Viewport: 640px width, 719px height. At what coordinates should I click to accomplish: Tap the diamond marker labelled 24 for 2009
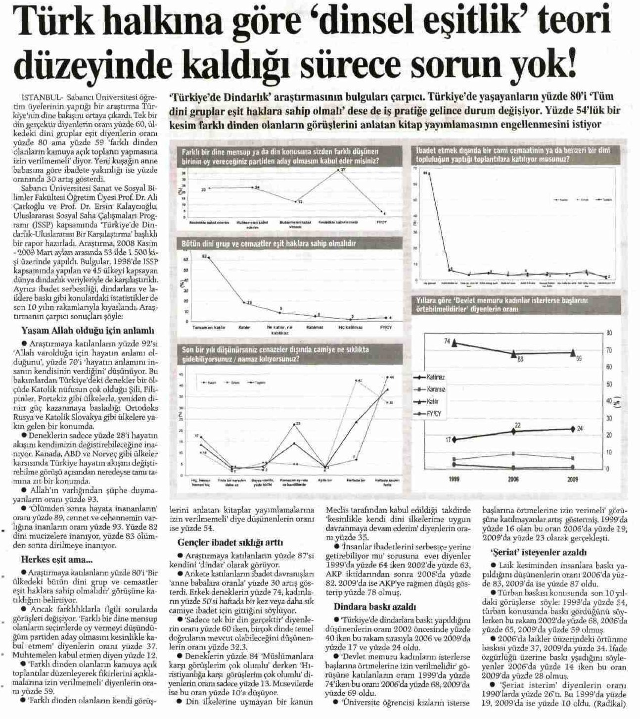click(x=573, y=429)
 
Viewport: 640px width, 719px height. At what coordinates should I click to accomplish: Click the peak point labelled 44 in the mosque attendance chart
click(x=387, y=378)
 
